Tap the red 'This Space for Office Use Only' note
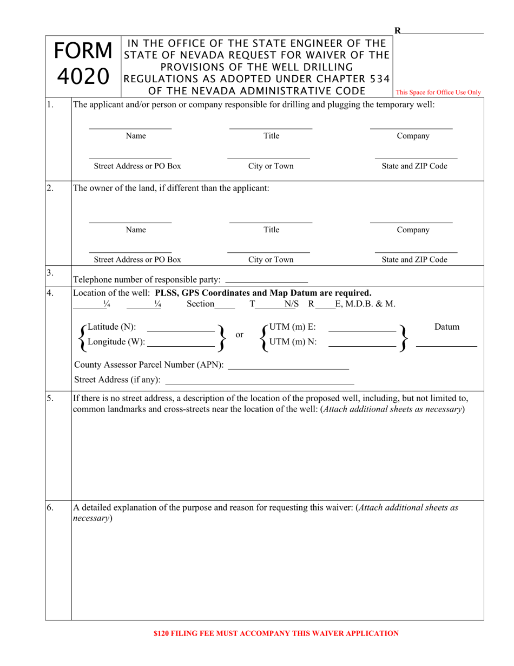click(438, 93)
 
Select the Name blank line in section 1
click(130, 128)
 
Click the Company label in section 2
click(413, 230)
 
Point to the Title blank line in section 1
click(271, 128)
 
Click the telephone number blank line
click(266, 283)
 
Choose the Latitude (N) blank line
click(181, 330)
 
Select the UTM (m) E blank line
click(362, 330)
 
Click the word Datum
click(447, 327)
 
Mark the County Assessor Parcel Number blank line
click(288, 369)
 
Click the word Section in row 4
click(200, 304)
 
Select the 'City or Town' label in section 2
click(271, 259)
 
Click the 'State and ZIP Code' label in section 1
click(414, 166)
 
